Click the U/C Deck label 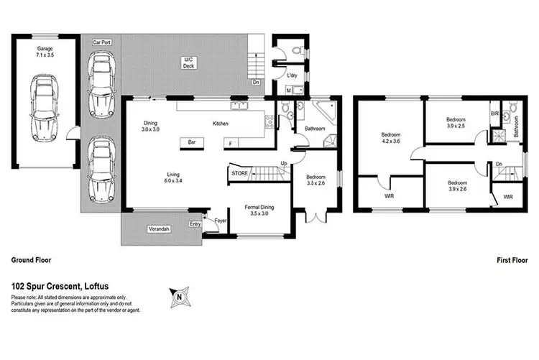pyautogui.click(x=189, y=63)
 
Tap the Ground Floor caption pyautogui.click(x=30, y=260)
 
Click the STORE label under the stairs pyautogui.click(x=239, y=173)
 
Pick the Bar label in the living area pyautogui.click(x=192, y=143)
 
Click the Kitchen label pyautogui.click(x=220, y=124)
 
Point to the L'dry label pyautogui.click(x=292, y=75)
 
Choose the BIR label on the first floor pyautogui.click(x=494, y=114)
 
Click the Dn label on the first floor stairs pyautogui.click(x=499, y=164)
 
